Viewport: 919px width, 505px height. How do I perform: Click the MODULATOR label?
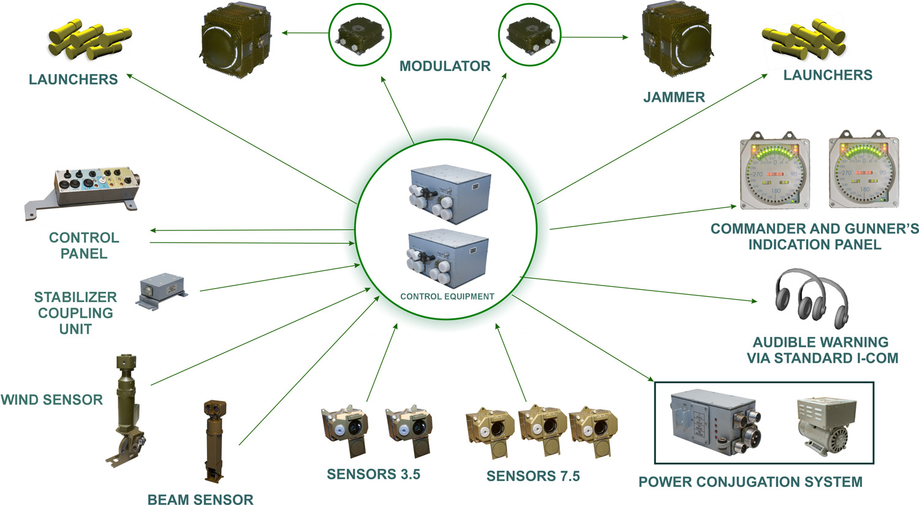click(x=445, y=66)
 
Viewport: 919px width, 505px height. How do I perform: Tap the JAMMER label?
click(x=674, y=97)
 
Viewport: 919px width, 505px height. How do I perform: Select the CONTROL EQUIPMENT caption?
click(x=447, y=297)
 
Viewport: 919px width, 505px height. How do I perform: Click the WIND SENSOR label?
click(x=52, y=400)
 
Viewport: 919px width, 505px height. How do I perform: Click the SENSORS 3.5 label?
click(x=374, y=474)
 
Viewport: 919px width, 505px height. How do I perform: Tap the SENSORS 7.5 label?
click(x=533, y=476)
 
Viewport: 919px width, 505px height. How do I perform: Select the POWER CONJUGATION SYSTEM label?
click(x=751, y=482)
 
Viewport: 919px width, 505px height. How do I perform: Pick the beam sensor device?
click(x=214, y=438)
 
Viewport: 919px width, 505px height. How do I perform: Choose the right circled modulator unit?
click(x=531, y=34)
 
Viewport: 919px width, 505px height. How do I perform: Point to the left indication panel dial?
click(x=776, y=172)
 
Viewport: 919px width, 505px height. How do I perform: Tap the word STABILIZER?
click(x=75, y=297)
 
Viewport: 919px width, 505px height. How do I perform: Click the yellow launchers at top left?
click(x=89, y=39)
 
